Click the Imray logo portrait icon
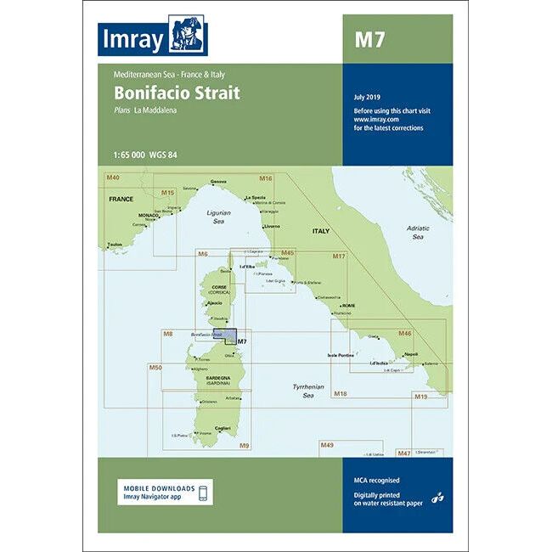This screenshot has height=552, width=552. [189, 36]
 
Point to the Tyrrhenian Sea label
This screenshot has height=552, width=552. [303, 391]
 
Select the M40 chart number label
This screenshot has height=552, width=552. [113, 177]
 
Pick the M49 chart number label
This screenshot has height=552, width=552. [327, 445]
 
